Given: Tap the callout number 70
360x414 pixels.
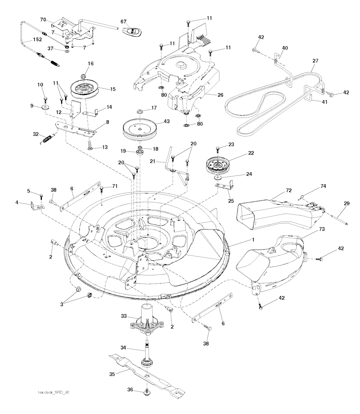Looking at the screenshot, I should [43, 20].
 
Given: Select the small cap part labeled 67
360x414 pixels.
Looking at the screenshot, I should [132, 31].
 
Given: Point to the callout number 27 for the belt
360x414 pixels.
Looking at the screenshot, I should [315, 61].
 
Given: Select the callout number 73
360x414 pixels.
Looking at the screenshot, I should [312, 229].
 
